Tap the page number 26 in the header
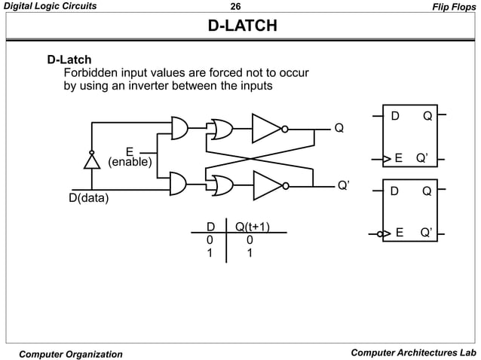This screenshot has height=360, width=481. point(240,6)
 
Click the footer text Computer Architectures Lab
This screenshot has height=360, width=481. point(413,353)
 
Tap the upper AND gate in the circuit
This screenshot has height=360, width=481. point(179,129)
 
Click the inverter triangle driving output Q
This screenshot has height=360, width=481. point(266,128)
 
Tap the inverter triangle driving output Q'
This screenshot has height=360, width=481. point(267,184)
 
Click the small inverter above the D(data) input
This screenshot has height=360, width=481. point(91,160)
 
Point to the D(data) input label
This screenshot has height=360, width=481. point(85,199)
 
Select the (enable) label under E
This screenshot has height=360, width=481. point(130,162)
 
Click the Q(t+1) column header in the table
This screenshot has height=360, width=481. point(253,226)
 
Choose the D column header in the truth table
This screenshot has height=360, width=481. point(211,226)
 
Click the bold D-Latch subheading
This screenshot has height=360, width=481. point(69,59)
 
